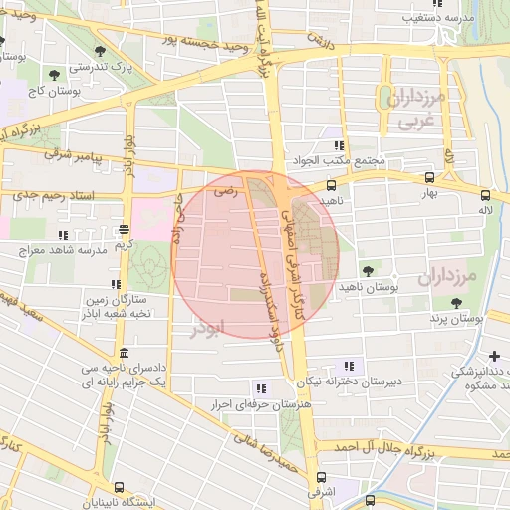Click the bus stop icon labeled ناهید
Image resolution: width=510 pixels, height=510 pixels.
point(331,184)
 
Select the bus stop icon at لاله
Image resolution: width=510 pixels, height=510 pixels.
point(485,195)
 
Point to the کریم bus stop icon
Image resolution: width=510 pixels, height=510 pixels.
point(123,228)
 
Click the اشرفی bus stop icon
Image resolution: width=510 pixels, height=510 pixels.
point(318,477)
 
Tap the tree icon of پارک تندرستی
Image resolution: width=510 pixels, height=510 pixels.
point(99,50)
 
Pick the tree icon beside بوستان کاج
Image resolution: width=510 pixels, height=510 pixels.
point(52,74)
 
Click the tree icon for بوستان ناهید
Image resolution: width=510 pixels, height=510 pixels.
point(369,270)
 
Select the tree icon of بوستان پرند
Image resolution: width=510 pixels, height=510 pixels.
point(456,303)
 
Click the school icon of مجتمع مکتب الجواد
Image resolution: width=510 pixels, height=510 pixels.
point(339,145)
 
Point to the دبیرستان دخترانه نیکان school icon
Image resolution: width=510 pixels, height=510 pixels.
point(348,365)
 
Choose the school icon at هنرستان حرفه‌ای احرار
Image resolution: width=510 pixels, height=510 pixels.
point(260,388)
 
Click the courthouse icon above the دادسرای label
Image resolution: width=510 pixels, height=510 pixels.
point(123,354)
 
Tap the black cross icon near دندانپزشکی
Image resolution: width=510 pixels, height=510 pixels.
point(495,356)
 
